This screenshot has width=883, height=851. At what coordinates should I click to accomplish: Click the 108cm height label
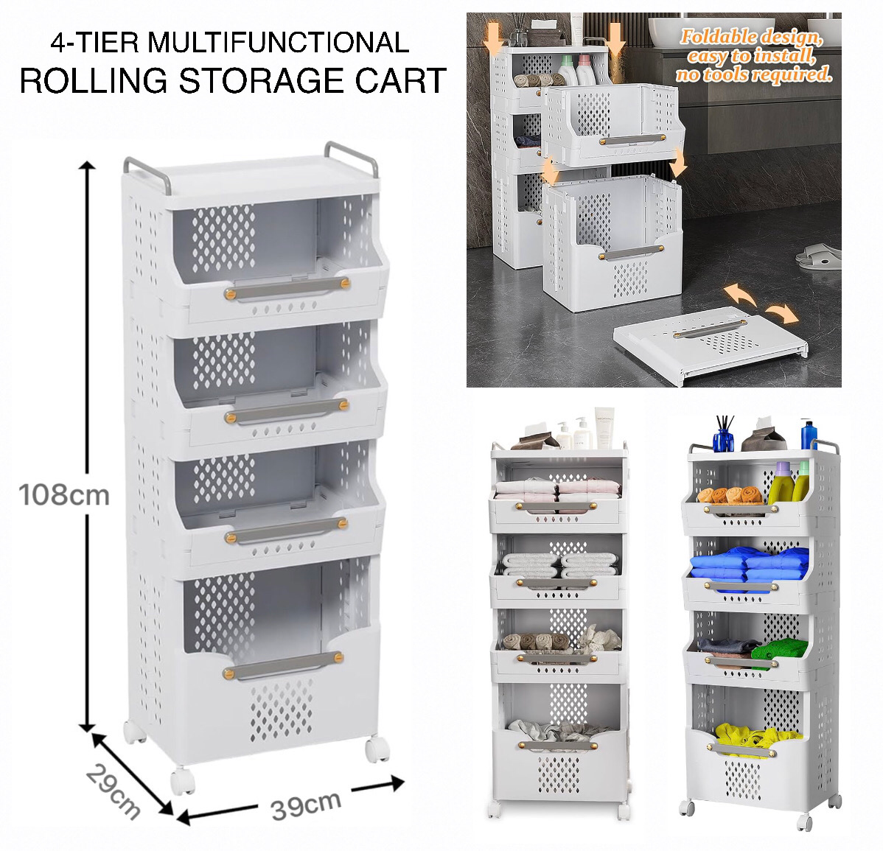(65, 494)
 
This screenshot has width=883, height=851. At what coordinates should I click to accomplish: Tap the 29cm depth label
(113, 791)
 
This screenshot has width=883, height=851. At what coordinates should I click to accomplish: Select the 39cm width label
(306, 805)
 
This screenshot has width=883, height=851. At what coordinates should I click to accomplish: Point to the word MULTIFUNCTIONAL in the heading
(279, 42)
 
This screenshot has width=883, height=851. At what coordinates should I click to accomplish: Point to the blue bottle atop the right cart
(809, 435)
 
